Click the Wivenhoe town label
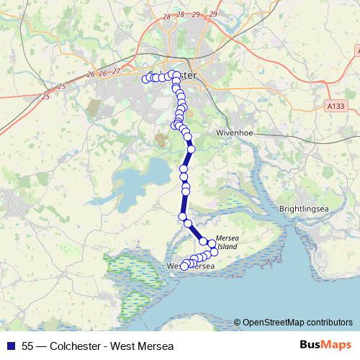point(235,134)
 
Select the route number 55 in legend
point(28,346)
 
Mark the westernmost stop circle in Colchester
point(145,78)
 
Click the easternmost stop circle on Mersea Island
point(214,251)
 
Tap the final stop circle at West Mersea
point(184,266)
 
